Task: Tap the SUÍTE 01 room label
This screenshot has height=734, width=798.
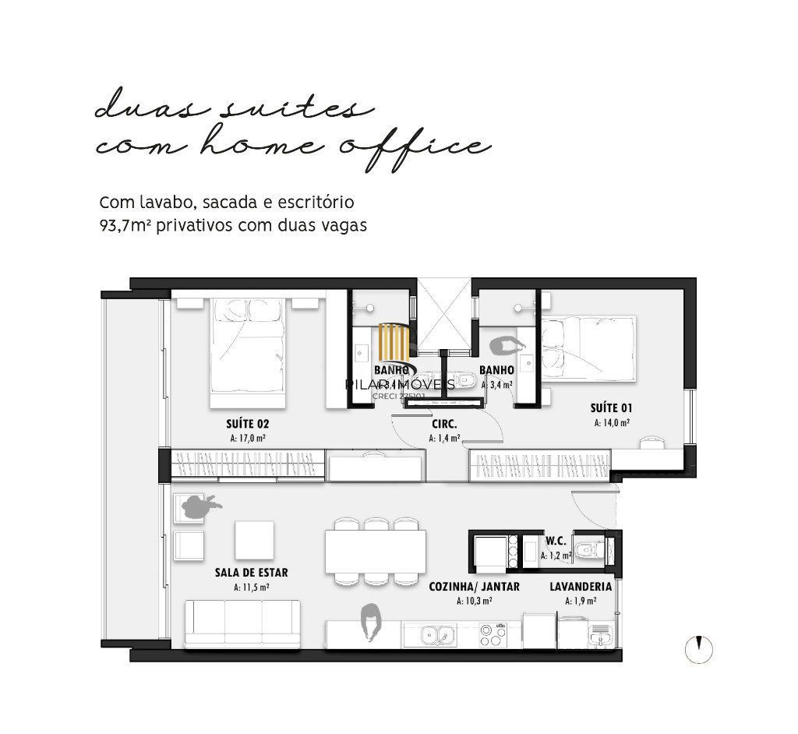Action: [x=610, y=408]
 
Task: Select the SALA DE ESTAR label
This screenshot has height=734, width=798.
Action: [x=251, y=572]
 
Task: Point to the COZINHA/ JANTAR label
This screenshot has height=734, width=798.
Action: [x=474, y=587]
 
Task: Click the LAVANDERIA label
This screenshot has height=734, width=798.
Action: [x=580, y=587]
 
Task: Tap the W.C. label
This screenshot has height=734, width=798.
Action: [x=556, y=541]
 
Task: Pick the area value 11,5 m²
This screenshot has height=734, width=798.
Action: [x=251, y=587]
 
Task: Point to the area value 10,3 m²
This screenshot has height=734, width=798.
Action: [x=474, y=601]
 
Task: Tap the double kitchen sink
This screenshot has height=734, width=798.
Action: [x=436, y=636]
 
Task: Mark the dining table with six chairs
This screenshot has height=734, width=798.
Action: [x=376, y=552]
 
